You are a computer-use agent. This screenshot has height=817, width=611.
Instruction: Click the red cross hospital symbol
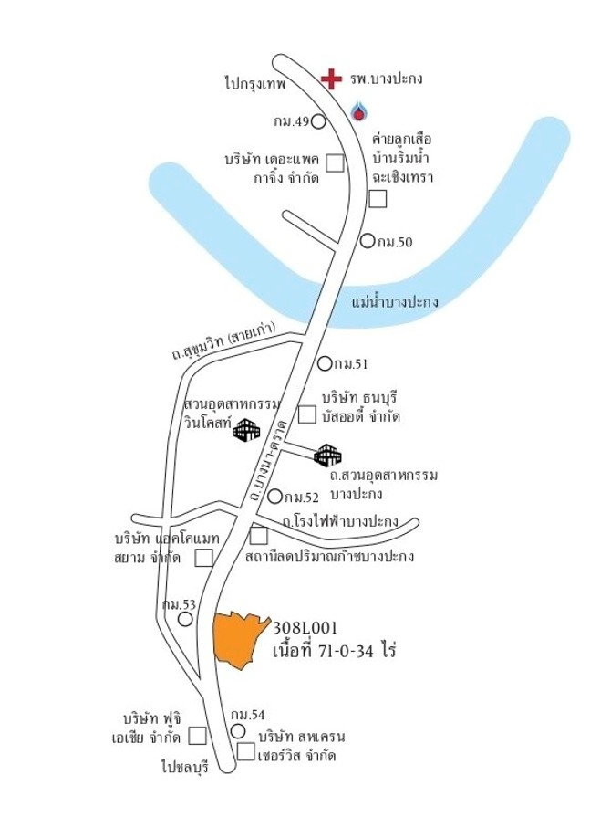tap(331, 79)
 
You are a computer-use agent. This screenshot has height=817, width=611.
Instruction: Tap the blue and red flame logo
tap(358, 110)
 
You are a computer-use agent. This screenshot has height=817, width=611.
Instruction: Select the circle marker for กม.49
tap(318, 122)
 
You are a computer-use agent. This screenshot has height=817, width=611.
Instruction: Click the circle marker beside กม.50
tap(368, 241)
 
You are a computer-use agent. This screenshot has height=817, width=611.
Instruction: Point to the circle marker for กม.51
tap(325, 363)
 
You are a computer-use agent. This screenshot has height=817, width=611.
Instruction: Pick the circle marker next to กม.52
tap(274, 497)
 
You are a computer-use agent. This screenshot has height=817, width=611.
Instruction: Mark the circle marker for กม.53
tap(185, 619)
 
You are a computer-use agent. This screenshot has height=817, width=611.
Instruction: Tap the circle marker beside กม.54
tap(238, 731)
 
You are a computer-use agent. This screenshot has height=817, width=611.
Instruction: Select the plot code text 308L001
tap(305, 628)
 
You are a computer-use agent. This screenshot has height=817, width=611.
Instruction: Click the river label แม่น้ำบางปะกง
tap(395, 301)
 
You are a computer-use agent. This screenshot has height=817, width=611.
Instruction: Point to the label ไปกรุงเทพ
tap(255, 83)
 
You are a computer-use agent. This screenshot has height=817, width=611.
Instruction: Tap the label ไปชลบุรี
tap(185, 767)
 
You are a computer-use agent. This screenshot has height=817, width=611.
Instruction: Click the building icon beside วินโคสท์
tap(246, 430)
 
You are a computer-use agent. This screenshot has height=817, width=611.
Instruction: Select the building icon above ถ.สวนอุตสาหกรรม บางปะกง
tap(327, 456)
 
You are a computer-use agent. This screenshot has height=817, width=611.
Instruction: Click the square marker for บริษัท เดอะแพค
tap(336, 162)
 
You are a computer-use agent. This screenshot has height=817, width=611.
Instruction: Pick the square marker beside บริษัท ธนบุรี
tap(307, 414)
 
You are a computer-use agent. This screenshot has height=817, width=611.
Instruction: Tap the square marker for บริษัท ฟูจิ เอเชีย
tap(197, 736)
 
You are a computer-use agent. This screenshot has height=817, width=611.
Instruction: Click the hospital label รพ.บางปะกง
tap(386, 79)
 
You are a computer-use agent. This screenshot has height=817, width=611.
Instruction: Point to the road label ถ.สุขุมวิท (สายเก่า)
tap(223, 341)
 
